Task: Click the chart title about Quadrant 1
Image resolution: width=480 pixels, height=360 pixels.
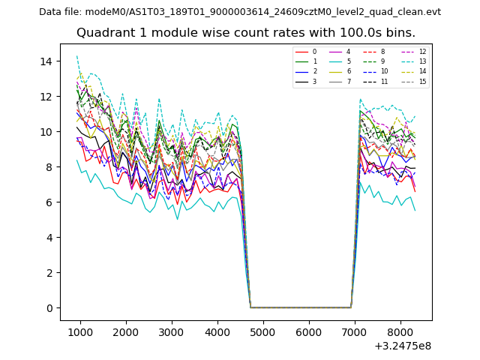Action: (x=245, y=33)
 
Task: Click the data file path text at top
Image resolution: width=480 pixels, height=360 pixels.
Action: (x=240, y=12)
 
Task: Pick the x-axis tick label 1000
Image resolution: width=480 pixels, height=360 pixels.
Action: (x=80, y=330)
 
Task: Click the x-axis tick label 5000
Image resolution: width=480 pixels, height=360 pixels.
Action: (x=263, y=330)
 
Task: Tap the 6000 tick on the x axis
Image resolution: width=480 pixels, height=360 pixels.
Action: (x=309, y=330)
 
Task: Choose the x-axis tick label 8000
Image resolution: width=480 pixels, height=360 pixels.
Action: (x=400, y=330)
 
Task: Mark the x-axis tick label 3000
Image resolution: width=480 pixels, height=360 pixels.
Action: (x=172, y=330)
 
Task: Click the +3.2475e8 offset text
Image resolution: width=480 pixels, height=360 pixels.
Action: (x=402, y=346)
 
